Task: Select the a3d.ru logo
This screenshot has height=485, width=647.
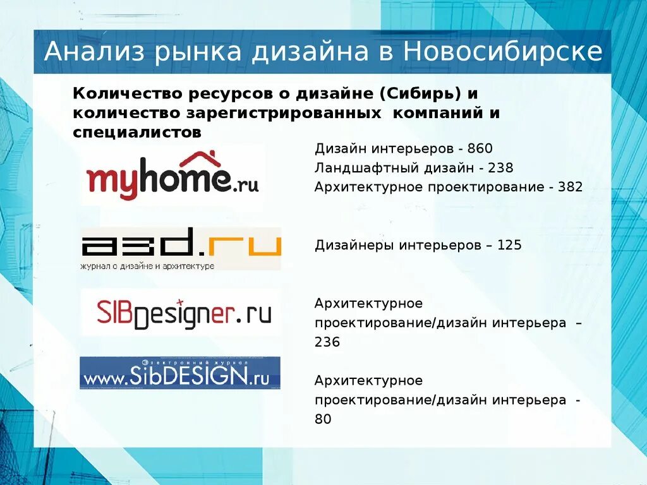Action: point(181,248)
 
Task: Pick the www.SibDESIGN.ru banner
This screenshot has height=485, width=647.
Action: point(180,374)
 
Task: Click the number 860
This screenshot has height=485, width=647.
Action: point(480,148)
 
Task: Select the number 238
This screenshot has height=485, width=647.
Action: point(500,168)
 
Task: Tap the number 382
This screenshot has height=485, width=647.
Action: point(570,187)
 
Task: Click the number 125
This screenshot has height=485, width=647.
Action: point(509,245)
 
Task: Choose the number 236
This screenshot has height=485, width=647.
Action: point(327,342)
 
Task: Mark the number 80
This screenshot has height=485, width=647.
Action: point(323,419)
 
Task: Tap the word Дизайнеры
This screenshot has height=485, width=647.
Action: point(354,245)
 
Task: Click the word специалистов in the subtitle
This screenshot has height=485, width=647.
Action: point(137,133)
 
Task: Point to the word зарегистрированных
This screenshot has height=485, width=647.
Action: point(283,113)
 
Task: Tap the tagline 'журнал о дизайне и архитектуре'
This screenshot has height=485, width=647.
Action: point(147,266)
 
